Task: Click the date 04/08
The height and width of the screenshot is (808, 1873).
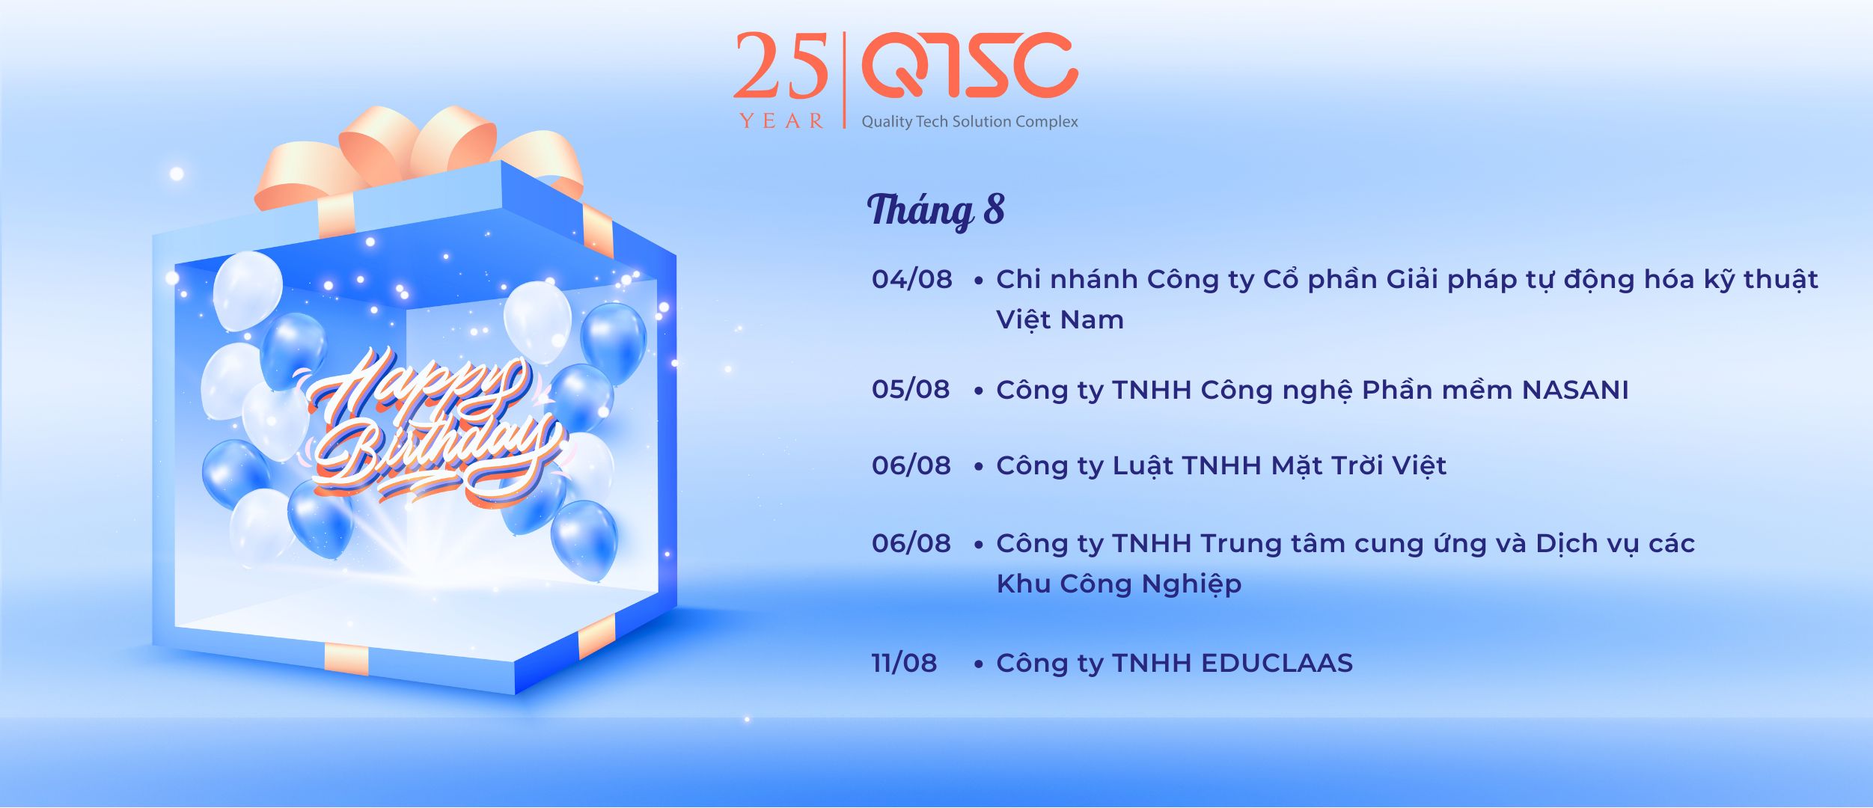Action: pos(911,279)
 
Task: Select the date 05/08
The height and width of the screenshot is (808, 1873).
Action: pos(911,389)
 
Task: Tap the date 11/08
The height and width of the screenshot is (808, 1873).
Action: pos(904,663)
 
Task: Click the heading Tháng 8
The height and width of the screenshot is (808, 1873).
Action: pos(935,210)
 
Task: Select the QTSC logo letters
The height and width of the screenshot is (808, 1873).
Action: pos(971,65)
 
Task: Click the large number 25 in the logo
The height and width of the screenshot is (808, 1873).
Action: pos(780,65)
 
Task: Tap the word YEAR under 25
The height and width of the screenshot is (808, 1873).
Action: pos(781,120)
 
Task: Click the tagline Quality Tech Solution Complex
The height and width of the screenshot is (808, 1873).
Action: pos(970,121)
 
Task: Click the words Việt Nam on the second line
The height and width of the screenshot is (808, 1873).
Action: pos(1060,320)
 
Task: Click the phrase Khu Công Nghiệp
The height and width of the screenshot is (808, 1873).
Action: pos(1119,584)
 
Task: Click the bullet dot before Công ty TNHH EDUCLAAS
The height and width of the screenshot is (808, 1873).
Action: pos(979,664)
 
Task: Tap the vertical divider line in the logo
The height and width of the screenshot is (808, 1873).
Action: pos(845,80)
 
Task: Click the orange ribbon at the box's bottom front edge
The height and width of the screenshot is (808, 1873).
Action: pos(346,659)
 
